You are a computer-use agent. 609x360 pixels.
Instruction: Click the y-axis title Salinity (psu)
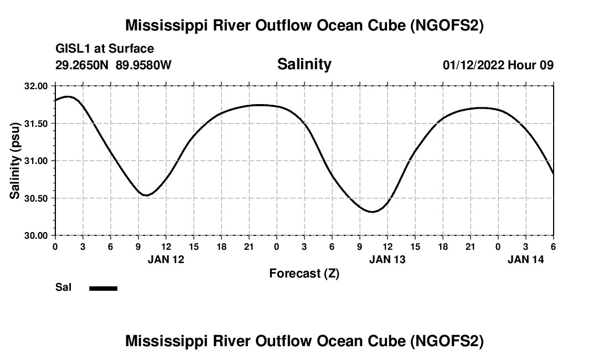[16, 161]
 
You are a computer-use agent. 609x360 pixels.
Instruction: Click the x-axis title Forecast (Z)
[304, 273]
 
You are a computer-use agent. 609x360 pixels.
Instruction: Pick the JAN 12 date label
[166, 259]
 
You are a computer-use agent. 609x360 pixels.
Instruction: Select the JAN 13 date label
[388, 259]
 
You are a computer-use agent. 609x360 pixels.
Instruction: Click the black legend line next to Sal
[104, 288]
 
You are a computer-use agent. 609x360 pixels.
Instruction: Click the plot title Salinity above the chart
[304, 64]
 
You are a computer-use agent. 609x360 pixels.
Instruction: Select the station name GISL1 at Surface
[105, 49]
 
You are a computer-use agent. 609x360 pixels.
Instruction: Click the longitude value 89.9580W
[144, 65]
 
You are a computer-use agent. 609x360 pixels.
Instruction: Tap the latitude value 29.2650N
[83, 65]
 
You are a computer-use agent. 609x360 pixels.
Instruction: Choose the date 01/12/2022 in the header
[473, 65]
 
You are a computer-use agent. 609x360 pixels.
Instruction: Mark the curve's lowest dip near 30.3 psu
[372, 212]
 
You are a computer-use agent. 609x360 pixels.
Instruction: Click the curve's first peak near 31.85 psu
[68, 96]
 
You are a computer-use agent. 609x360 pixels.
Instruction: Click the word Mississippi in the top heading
[167, 26]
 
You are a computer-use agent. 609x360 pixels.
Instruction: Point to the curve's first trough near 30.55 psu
[146, 195]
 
